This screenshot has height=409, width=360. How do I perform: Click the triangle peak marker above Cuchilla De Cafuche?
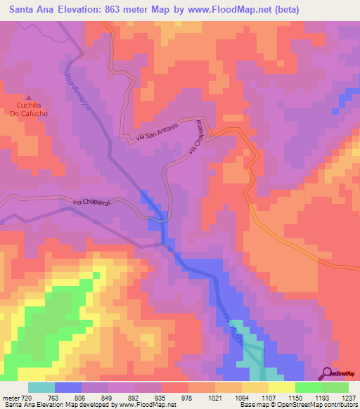[29, 98]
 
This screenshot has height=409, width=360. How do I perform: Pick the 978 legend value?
[188, 397]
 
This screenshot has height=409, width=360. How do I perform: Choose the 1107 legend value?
[281, 397]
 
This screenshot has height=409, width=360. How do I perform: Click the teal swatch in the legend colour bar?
[41, 387]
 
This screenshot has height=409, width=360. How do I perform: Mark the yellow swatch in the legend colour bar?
[282, 387]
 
